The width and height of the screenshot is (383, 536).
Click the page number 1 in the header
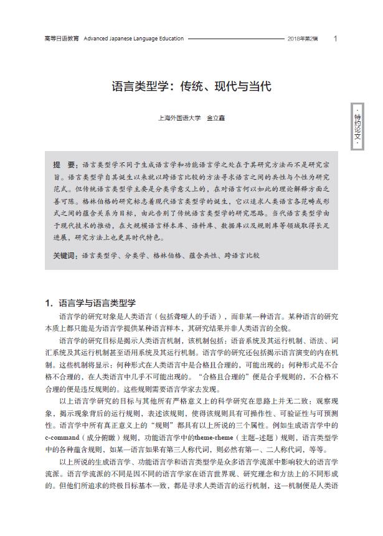point(336,39)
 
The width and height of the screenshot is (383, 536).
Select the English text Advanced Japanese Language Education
point(133,39)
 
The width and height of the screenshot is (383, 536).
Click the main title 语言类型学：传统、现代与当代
point(191,86)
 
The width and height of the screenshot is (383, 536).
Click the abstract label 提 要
point(64,165)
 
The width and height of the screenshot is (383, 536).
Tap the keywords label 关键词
point(65,255)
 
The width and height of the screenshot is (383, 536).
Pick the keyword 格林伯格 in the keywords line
point(168,255)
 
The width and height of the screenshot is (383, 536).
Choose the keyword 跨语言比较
point(240,255)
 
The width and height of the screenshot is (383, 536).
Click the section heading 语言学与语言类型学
point(97,303)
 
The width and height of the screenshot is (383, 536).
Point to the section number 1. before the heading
point(49,303)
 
